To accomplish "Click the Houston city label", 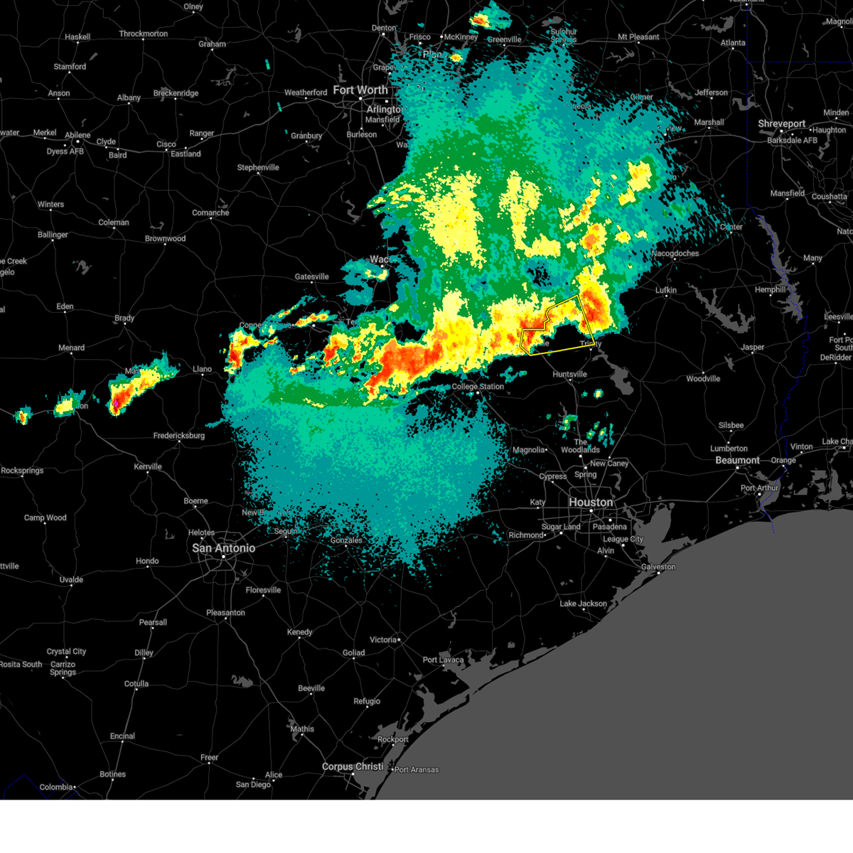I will tap(590, 502).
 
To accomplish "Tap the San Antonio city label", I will tap(223, 548).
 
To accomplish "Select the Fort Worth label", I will tap(360, 90).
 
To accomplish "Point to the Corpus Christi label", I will tap(353, 766).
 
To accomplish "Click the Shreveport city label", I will tap(781, 124).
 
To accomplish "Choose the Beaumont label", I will tap(737, 460).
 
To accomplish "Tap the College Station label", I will tap(478, 387).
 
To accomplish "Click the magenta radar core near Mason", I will tap(115, 404).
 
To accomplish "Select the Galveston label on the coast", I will tap(658, 567).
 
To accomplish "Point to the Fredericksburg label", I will tap(179, 436).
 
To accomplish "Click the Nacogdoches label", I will tap(675, 253).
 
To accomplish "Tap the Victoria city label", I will tap(383, 640).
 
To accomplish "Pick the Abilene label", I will tap(77, 135).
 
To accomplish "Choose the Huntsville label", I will tap(569, 374).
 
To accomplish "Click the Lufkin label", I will tap(666, 290).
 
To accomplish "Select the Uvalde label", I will tap(71, 579).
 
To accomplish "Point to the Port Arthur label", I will tap(759, 488).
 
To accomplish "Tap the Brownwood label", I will tap(165, 239).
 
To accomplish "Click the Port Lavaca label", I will tap(443, 660).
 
